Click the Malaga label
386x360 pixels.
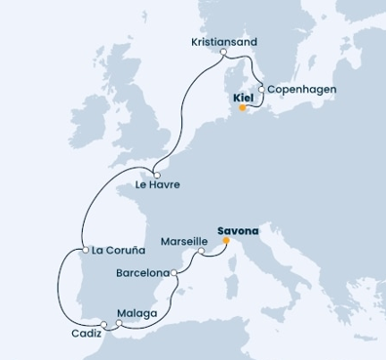click(x=135, y=313)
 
